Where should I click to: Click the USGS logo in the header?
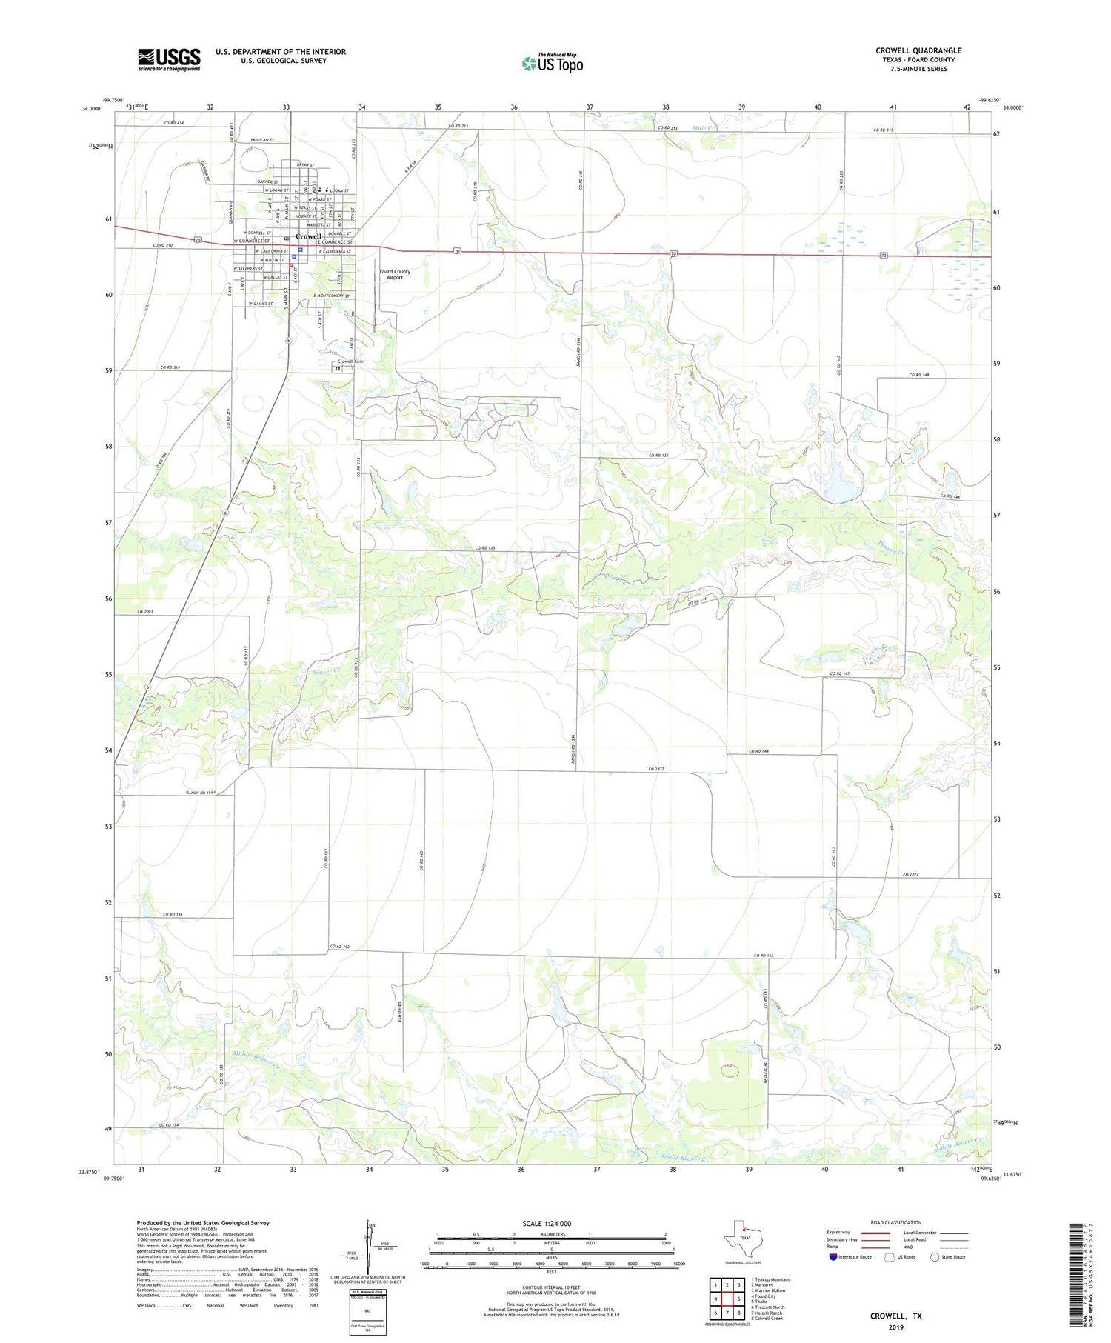[169, 59]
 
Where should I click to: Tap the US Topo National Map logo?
[552, 62]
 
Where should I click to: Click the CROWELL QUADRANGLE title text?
[918, 50]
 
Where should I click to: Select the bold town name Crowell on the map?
[308, 236]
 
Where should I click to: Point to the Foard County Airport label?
[395, 274]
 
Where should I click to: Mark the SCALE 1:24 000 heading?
[547, 1223]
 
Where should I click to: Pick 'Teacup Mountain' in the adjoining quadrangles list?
[772, 1279]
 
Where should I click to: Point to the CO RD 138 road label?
[485, 547]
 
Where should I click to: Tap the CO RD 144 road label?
[759, 751]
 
